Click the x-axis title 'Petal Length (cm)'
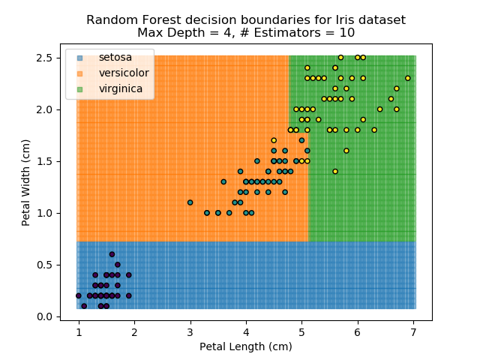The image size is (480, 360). coord(245,346)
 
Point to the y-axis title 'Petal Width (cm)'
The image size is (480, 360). coord(25,182)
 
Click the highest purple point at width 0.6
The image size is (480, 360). coord(112,254)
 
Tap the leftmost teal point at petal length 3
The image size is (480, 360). coord(190,202)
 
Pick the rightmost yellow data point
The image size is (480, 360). coord(407,78)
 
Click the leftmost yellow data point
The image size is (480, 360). coord(274,140)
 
